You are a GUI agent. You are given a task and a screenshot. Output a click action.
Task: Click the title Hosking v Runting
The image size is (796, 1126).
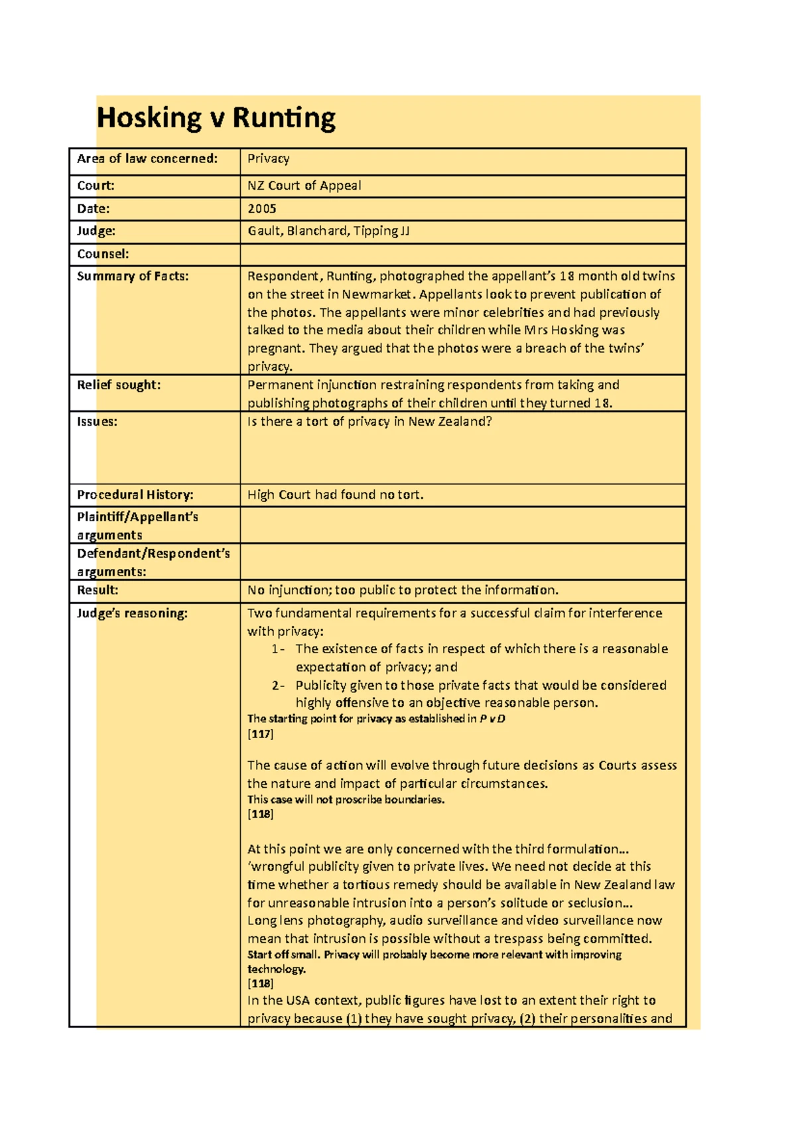[216, 119]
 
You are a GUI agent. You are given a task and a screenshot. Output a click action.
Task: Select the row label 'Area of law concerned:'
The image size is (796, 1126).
[147, 158]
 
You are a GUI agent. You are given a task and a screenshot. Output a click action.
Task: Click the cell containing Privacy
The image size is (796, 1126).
[268, 158]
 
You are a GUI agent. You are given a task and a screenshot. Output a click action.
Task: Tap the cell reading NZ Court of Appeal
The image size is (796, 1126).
[304, 186]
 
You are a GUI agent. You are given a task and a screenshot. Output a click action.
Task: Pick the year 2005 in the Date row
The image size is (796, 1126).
[261, 208]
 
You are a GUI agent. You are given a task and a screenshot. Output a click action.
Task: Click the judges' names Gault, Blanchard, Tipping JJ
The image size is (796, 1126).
[328, 231]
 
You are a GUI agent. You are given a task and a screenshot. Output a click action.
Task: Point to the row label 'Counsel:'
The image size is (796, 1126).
[103, 254]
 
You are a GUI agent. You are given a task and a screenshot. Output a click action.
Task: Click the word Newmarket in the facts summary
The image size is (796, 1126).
[377, 294]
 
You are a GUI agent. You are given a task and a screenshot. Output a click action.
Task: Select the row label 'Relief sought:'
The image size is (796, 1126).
[119, 385]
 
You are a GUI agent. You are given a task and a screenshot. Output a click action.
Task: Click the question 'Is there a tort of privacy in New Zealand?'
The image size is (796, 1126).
[369, 422]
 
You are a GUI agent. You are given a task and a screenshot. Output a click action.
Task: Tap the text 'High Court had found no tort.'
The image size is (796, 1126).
[335, 495]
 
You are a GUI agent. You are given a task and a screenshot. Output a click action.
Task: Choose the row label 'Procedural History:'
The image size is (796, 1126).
[135, 495]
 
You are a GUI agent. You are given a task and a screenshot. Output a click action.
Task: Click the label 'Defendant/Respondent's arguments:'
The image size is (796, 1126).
[153, 562]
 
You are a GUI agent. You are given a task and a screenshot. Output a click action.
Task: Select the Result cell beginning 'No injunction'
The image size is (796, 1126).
[403, 590]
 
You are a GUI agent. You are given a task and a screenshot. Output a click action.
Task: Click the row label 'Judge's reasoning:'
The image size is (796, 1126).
[132, 613]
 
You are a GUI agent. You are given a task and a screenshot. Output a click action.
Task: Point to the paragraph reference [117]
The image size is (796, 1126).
[260, 734]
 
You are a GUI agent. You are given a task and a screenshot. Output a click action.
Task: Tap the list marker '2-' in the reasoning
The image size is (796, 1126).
[278, 686]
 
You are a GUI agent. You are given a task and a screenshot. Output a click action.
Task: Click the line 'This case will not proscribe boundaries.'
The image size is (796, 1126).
[346, 800]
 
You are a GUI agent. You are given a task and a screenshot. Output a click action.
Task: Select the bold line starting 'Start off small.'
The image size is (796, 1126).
[434, 955]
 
